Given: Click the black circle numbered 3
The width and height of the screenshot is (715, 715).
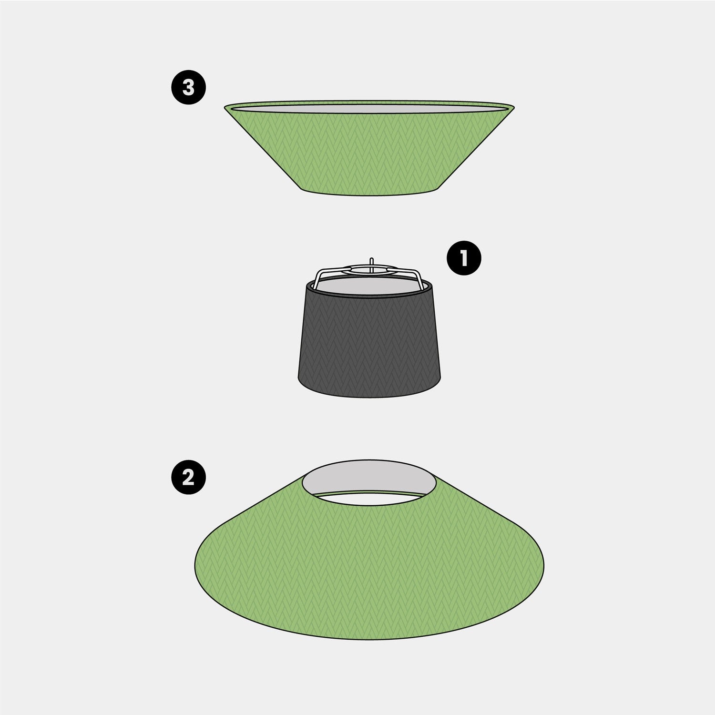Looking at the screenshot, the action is click(x=189, y=87).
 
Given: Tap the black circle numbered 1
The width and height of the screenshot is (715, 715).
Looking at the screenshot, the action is click(x=464, y=258).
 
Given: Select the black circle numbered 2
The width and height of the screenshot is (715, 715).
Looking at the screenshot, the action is click(x=189, y=476).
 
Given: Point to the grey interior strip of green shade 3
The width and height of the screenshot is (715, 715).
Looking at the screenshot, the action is click(x=369, y=109).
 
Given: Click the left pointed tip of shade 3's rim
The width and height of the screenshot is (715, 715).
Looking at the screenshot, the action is click(x=225, y=107).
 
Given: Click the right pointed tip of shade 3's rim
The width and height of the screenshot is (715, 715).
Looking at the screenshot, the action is click(x=514, y=106).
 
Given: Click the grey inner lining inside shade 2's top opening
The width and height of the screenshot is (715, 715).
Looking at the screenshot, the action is click(x=369, y=477).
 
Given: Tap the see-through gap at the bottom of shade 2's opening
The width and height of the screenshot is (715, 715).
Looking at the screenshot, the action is click(x=369, y=499).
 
